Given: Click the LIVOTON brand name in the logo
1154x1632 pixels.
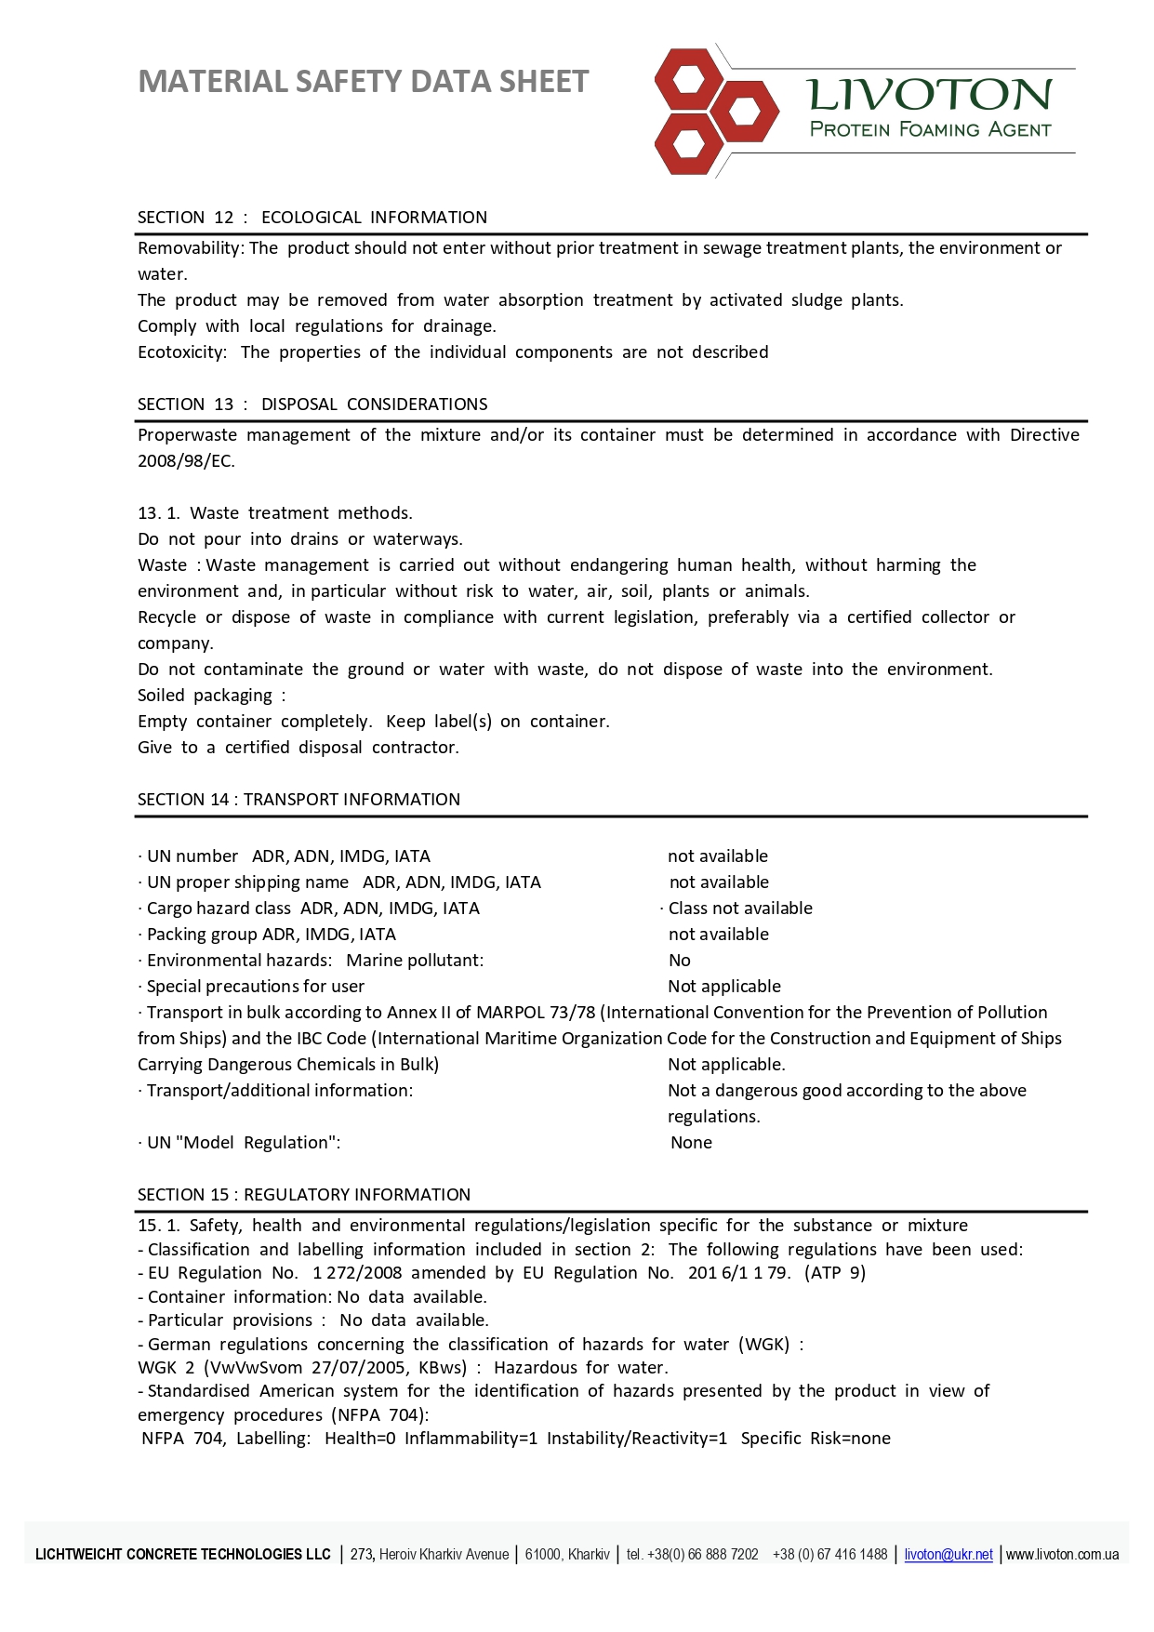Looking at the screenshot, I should (x=929, y=95).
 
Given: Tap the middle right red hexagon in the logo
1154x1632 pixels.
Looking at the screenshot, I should (x=745, y=113).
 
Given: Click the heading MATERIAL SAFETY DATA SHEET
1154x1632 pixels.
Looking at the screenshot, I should (x=363, y=82).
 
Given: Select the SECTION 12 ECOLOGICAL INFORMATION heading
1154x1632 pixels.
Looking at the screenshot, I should (x=312, y=218).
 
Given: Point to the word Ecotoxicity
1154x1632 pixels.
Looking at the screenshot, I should (x=181, y=352).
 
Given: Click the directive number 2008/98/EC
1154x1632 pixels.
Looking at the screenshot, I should (x=186, y=461).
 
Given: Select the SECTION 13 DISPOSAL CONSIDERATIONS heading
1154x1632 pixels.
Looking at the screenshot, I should (x=312, y=405).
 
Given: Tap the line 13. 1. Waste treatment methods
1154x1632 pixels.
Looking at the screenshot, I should (x=275, y=513).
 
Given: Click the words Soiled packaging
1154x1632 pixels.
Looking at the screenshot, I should (x=206, y=696).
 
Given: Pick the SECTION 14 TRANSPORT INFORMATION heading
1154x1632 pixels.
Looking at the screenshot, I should (x=298, y=800).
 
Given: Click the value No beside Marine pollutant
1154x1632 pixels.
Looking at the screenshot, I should (x=680, y=961).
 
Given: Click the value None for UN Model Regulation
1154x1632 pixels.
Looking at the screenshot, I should (x=691, y=1143).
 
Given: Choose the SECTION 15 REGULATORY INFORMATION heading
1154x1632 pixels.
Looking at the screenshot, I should (x=304, y=1195).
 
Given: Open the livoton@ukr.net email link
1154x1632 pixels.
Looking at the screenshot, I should (x=948, y=1555).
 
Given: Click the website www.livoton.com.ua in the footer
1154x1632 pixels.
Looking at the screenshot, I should (x=1062, y=1555).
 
